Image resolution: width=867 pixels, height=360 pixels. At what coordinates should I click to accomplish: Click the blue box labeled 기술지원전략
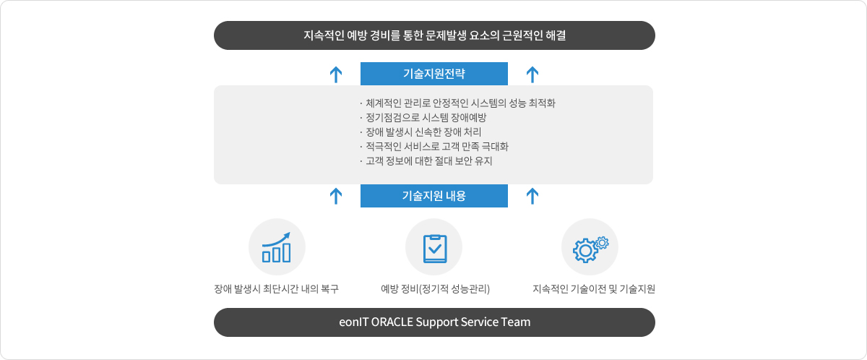coord(434,74)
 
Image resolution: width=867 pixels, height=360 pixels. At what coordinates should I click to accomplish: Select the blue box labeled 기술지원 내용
coord(434,196)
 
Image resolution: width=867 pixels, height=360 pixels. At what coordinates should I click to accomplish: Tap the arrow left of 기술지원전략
coord(336,74)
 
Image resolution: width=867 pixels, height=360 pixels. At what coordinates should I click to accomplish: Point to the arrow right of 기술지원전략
coord(532,74)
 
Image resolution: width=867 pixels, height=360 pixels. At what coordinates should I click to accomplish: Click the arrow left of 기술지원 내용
coord(336,196)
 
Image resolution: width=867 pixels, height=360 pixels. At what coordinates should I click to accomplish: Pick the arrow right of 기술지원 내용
coord(532,196)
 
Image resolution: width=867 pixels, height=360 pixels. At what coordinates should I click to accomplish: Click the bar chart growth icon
coord(276,247)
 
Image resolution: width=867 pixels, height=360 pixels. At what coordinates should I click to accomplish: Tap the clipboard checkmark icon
coord(435,249)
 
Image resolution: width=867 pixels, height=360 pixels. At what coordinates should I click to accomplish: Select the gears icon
coord(591,249)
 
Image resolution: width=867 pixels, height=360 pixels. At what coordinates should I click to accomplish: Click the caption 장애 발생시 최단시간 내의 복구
coord(276,288)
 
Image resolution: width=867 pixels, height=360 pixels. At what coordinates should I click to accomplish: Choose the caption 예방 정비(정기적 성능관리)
coord(435,288)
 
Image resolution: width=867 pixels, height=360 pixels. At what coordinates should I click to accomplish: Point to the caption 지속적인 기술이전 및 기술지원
coord(594,288)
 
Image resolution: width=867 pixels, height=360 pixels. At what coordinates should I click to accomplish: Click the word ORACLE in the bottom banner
coord(392,322)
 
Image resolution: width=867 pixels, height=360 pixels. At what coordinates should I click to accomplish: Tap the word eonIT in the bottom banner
coord(353,322)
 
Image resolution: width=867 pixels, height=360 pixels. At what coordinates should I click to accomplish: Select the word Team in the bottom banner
coord(516,322)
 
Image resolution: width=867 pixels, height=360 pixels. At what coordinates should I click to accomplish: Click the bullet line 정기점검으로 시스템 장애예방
coord(423,118)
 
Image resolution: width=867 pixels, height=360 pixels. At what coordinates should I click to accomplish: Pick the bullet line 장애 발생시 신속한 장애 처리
coord(420,132)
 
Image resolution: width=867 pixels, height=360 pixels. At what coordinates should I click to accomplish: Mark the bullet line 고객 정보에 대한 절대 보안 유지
coord(426,161)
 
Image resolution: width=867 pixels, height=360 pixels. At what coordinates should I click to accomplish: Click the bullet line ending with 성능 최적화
coord(457,103)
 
